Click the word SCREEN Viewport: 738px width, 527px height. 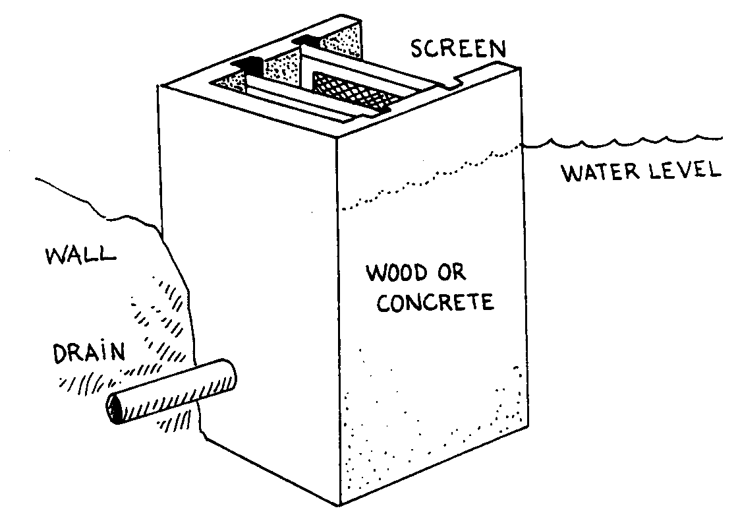tap(458, 49)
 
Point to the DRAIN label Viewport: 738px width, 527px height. tap(89, 353)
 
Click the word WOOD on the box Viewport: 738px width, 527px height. tap(397, 272)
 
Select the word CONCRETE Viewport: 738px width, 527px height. tap(436, 303)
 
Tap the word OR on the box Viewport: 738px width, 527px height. tap(451, 272)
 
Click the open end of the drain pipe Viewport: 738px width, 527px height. tap(114, 408)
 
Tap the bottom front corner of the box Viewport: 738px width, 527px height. tap(339, 505)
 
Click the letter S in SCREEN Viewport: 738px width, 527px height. tap(416, 49)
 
